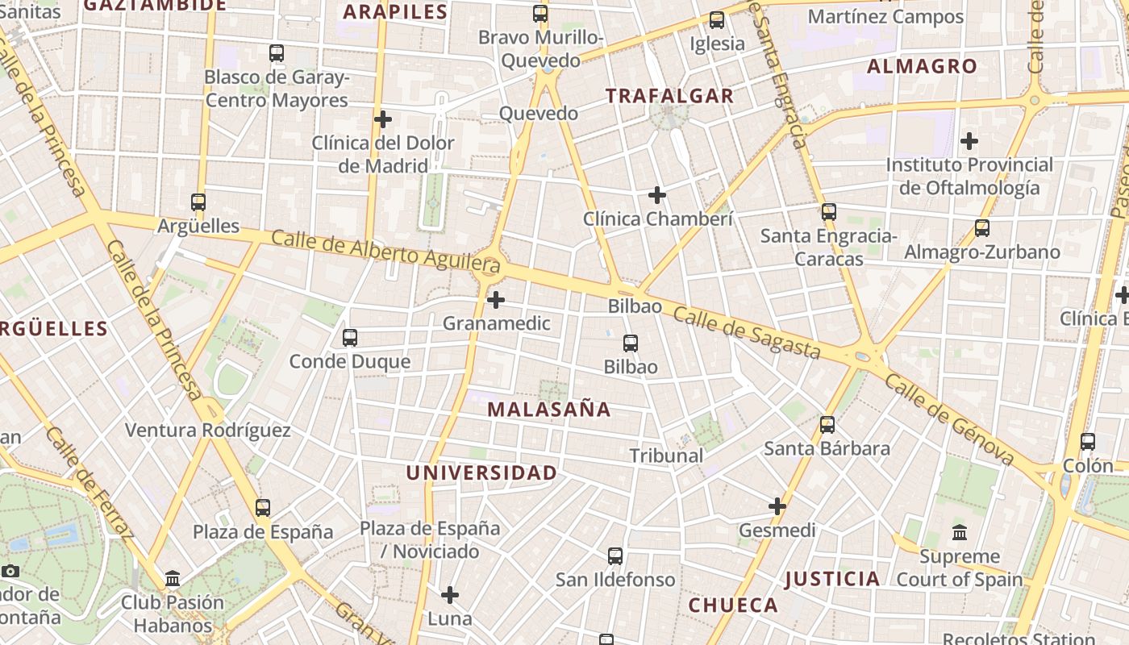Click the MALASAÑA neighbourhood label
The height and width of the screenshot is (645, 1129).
click(549, 410)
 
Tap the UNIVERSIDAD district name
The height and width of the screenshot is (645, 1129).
click(481, 473)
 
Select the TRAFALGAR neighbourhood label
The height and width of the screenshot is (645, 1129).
click(669, 96)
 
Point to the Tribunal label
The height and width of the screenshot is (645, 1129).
click(666, 456)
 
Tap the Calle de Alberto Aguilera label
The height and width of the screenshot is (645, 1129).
click(385, 251)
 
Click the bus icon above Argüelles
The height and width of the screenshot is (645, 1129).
click(198, 202)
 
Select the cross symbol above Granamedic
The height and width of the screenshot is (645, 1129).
click(496, 300)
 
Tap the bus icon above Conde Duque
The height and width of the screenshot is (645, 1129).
click(350, 338)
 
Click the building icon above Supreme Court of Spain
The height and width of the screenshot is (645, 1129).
click(960, 533)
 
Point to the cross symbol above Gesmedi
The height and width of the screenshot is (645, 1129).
click(777, 506)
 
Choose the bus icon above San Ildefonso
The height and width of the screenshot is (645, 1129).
click(615, 556)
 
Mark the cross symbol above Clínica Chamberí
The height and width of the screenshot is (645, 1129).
click(657, 194)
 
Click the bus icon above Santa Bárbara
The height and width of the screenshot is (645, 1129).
click(827, 425)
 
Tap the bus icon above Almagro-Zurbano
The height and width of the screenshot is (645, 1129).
click(982, 228)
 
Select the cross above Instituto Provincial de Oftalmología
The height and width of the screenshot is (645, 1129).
click(969, 141)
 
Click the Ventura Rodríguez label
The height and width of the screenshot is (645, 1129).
click(207, 431)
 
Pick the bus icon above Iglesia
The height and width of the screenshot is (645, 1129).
click(717, 20)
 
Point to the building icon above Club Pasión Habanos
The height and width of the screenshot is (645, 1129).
click(173, 578)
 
